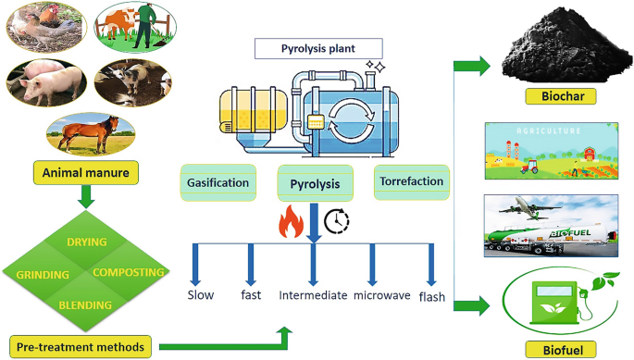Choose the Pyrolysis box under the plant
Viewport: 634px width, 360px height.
tap(314, 183)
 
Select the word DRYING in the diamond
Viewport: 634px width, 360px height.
tap(85, 242)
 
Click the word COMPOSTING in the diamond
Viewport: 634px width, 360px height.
tap(129, 272)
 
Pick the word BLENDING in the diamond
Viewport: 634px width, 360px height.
tap(85, 304)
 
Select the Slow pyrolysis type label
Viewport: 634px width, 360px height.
tap(201, 295)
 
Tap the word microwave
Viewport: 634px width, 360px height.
tap(380, 295)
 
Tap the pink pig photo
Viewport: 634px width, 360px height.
tap(38, 85)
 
